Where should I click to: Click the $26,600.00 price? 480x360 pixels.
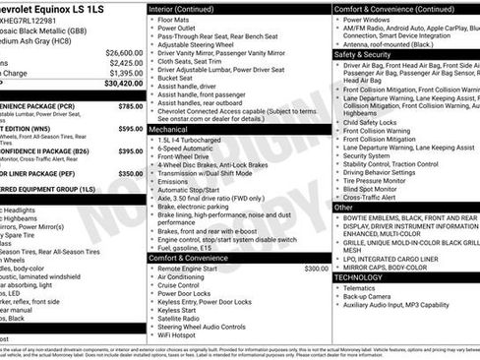pyautogui.click(x=123, y=51)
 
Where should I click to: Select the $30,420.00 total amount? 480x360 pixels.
pyautogui.click(x=123, y=84)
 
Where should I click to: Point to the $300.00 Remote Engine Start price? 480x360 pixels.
pyautogui.click(x=316, y=268)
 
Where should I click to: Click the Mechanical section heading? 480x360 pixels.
pyautogui.click(x=168, y=129)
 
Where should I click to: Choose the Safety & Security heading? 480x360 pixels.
pyautogui.click(x=355, y=54)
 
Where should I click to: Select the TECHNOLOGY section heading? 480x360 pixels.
pyautogui.click(x=357, y=277)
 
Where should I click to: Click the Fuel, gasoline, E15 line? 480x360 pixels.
pyautogui.click(x=185, y=248)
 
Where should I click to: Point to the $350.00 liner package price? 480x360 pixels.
pyautogui.click(x=130, y=173)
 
